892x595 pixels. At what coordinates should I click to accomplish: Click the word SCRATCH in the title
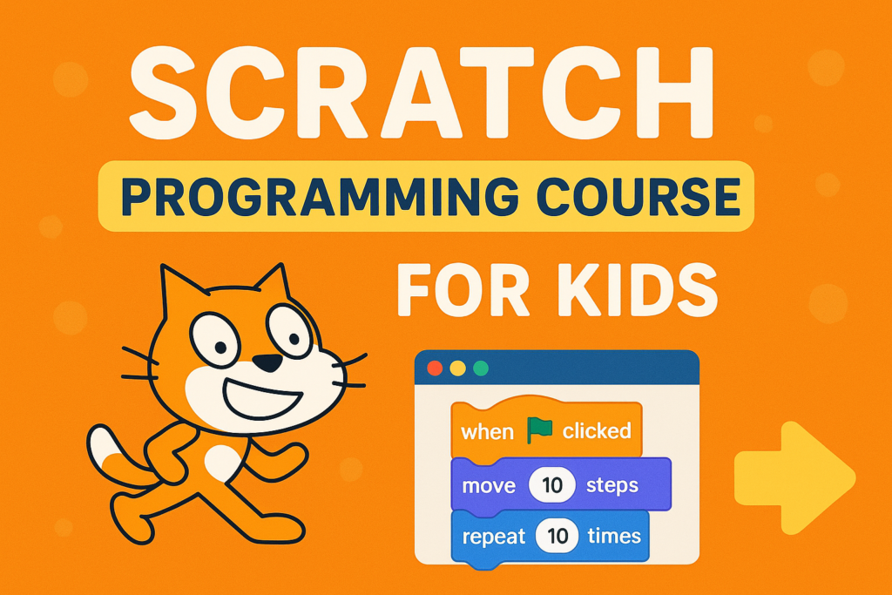422,92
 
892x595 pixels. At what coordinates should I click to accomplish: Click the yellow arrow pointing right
794,477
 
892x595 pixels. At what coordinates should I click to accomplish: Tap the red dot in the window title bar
436,368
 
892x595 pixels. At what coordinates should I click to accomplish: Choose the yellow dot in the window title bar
458,368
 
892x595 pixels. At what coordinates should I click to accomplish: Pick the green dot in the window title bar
481,368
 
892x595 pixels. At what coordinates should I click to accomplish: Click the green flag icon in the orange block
538,430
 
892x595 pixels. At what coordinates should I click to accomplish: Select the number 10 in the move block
551,485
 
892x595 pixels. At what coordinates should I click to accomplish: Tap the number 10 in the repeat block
557,536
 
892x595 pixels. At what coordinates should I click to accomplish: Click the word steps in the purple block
612,486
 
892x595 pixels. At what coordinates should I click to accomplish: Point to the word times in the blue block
614,536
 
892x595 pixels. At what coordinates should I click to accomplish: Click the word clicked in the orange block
597,430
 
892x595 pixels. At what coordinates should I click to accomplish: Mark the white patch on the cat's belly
223,462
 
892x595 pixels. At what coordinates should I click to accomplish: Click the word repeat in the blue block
493,537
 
